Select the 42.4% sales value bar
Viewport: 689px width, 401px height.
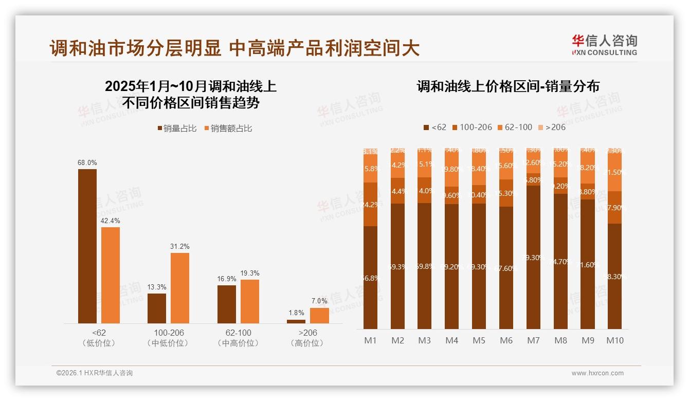point(111,275)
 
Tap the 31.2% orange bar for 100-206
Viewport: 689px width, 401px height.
point(180,288)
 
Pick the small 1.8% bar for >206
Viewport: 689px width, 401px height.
point(296,321)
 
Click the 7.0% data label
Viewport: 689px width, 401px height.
point(319,301)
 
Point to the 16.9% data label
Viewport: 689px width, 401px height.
point(227,279)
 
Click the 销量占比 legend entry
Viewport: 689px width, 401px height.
point(177,129)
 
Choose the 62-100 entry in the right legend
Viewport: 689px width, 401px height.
point(515,127)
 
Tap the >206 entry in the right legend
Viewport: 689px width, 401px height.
point(552,127)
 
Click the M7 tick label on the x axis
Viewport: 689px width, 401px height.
point(534,340)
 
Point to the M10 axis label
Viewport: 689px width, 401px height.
point(615,340)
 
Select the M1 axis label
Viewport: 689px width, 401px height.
point(371,340)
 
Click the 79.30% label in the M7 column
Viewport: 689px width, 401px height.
point(534,258)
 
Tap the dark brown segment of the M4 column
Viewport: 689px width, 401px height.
point(452,267)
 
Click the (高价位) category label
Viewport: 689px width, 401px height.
point(307,343)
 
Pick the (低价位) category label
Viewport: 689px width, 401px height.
point(99,343)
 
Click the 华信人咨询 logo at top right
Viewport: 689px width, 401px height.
point(604,45)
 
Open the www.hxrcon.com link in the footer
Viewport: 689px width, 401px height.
point(597,373)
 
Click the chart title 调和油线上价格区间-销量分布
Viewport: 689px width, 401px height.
point(508,86)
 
